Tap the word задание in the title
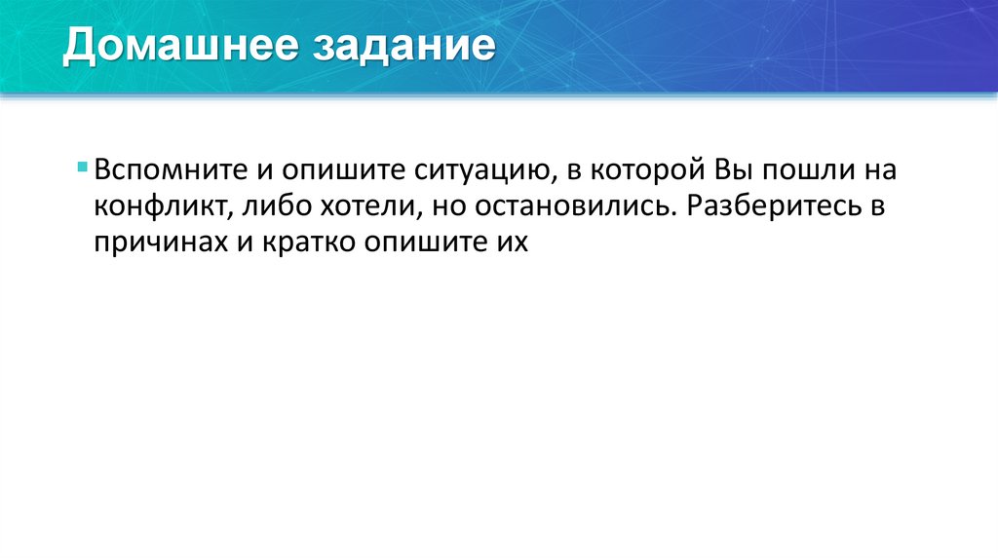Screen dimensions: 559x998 coord(403,48)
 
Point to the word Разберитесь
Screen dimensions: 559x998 coord(773,206)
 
